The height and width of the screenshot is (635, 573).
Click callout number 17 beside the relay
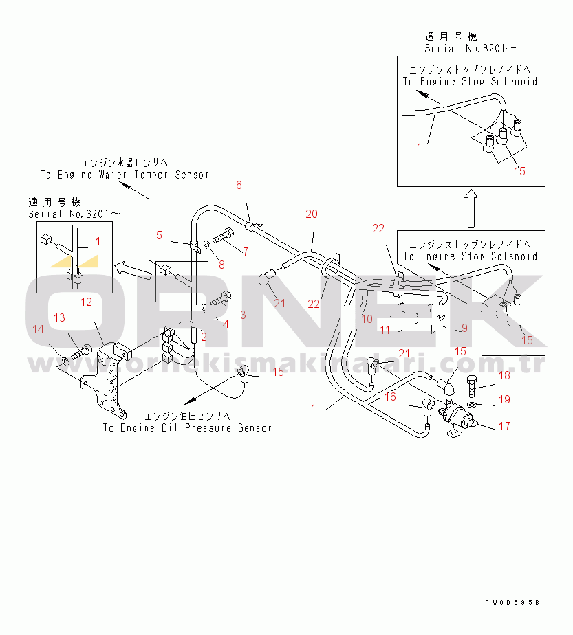504,426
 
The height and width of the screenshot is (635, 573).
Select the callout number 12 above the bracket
87,301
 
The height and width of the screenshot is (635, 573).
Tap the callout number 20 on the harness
312,214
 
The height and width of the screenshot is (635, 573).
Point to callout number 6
239,185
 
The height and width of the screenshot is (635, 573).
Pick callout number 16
390,397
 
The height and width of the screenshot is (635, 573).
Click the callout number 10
367,319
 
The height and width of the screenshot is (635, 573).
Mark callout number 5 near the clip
160,235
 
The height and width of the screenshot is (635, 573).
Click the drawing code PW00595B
512,602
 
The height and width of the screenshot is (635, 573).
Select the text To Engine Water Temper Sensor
125,175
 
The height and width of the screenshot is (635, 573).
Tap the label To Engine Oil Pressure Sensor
187,427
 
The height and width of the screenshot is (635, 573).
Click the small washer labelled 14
64,359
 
